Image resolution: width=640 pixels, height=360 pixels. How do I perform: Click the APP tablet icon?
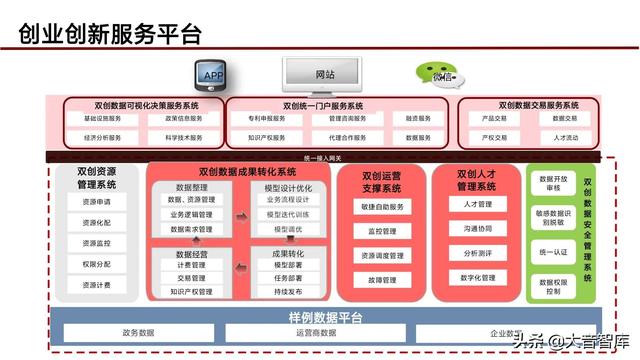[x=213, y=74]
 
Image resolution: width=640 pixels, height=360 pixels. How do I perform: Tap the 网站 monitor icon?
[x=325, y=73]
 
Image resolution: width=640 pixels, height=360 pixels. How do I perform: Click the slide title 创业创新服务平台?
[x=110, y=33]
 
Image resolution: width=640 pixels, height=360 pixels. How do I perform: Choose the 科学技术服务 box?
[x=183, y=137]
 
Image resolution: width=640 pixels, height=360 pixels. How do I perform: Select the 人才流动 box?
[x=565, y=137]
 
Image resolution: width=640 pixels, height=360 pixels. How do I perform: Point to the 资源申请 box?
[x=97, y=201]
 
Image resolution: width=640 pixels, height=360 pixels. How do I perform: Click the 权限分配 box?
[x=97, y=264]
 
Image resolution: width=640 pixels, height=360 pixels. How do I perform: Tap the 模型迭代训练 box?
[x=287, y=214]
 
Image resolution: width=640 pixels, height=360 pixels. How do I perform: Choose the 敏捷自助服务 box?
[x=383, y=207]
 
